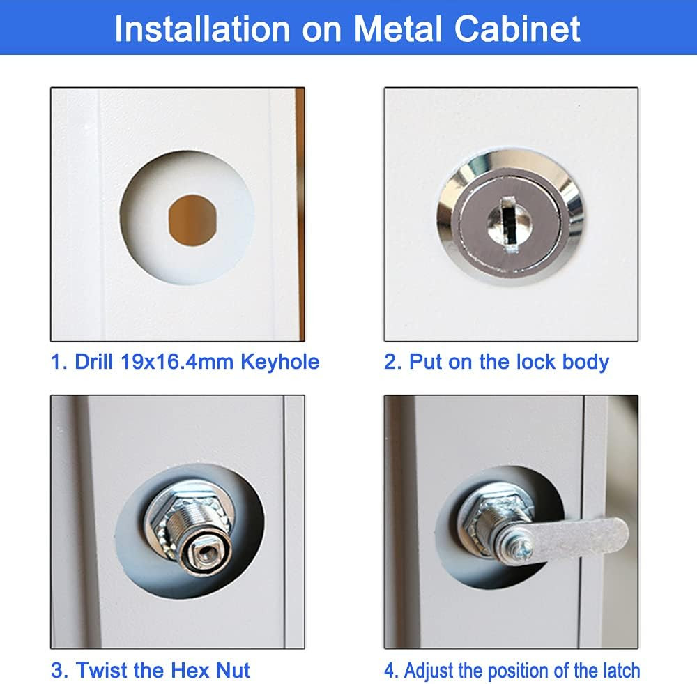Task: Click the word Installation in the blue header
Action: (202, 29)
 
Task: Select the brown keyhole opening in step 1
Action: (192, 220)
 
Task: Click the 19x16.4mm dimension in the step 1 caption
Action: (176, 362)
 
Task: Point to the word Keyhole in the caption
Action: (280, 362)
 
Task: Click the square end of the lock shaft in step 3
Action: (204, 554)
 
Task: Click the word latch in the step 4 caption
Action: (622, 670)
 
